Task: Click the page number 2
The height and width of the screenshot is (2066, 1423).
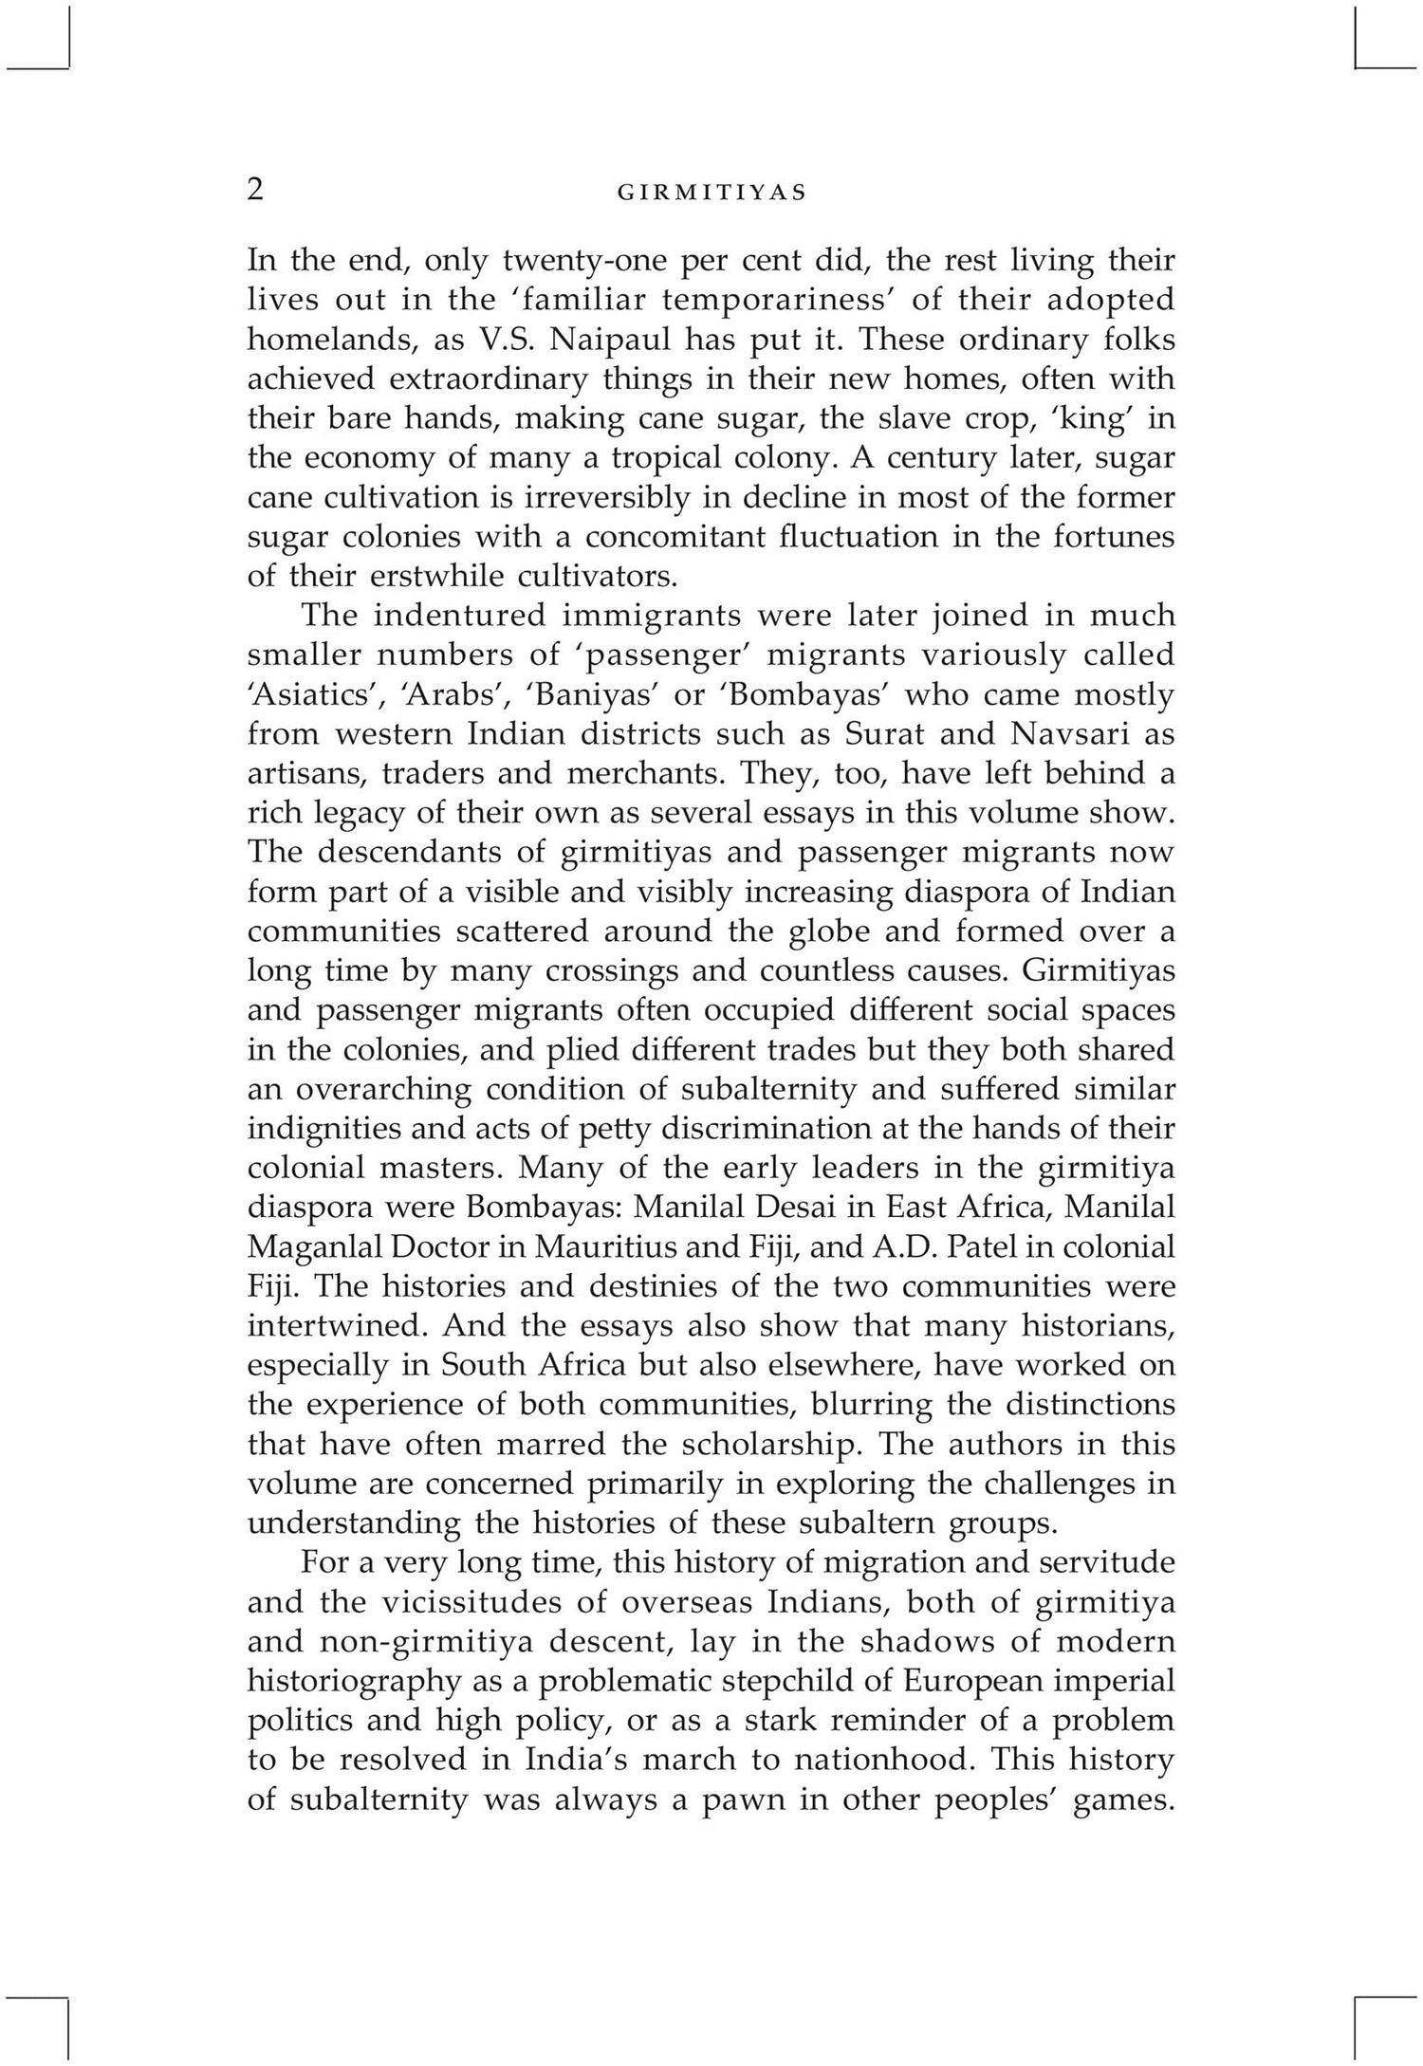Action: pos(254,190)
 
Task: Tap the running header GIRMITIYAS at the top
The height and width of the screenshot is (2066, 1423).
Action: pos(711,193)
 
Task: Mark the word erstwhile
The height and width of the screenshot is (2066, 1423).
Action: pos(412,577)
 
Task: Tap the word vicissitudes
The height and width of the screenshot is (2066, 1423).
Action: pos(494,1602)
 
